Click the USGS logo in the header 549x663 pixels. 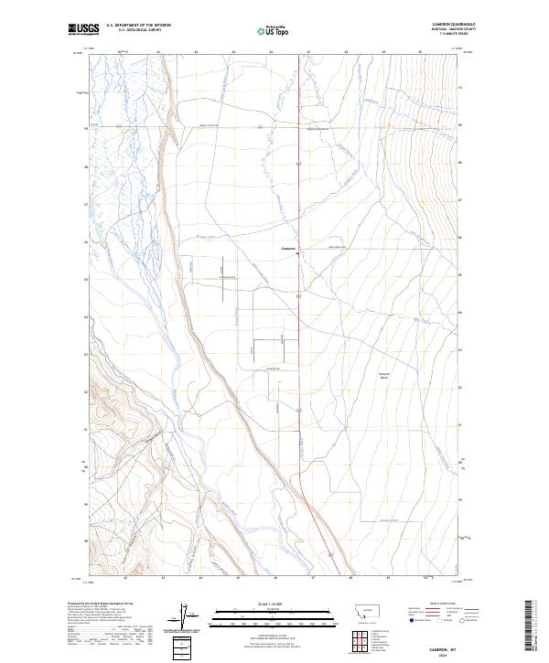point(83,29)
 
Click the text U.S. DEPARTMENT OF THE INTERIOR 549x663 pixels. point(138,26)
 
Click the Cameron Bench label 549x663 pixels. point(384,375)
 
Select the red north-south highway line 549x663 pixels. point(301,274)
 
